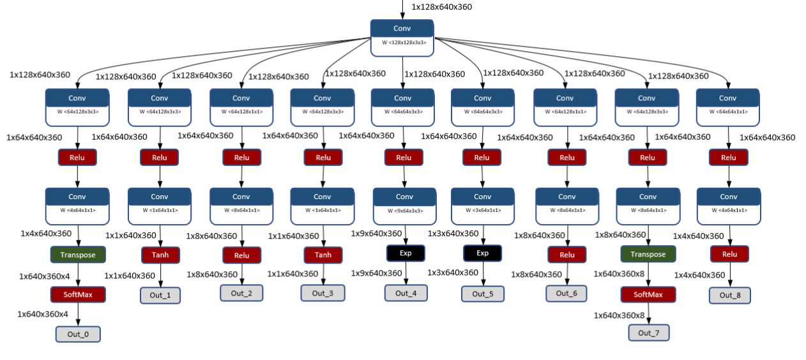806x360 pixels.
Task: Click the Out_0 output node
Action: pyautogui.click(x=78, y=334)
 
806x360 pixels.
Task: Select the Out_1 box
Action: pyautogui.click(x=160, y=296)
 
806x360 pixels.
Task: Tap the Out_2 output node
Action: pyautogui.click(x=241, y=293)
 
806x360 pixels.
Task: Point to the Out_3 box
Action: pyautogui.click(x=323, y=293)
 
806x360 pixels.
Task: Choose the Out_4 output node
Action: pyautogui.click(x=406, y=293)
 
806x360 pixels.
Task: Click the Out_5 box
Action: pyautogui.click(x=482, y=294)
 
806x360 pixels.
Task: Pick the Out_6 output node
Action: pyautogui.click(x=566, y=293)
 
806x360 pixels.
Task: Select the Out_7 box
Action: pyautogui.click(x=648, y=333)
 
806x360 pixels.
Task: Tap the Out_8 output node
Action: pyautogui.click(x=729, y=295)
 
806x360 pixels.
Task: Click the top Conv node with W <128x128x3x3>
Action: pyautogui.click(x=402, y=37)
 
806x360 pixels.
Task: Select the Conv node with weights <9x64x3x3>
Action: pyautogui.click(x=404, y=206)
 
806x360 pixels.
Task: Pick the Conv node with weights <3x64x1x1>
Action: pyautogui.click(x=482, y=206)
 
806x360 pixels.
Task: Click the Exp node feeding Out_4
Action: pyautogui.click(x=405, y=253)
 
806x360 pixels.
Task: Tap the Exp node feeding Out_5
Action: pyautogui.click(x=482, y=253)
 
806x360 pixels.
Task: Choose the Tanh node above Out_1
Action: pyautogui.click(x=160, y=255)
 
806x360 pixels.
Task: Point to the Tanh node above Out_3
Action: pyautogui.click(x=323, y=255)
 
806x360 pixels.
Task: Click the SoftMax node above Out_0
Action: pyautogui.click(x=78, y=294)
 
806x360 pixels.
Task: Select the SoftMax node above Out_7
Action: pyautogui.click(x=648, y=294)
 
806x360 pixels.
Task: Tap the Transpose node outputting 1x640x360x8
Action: pyautogui.click(x=648, y=254)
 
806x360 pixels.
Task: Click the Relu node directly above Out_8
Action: pyautogui.click(x=729, y=254)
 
